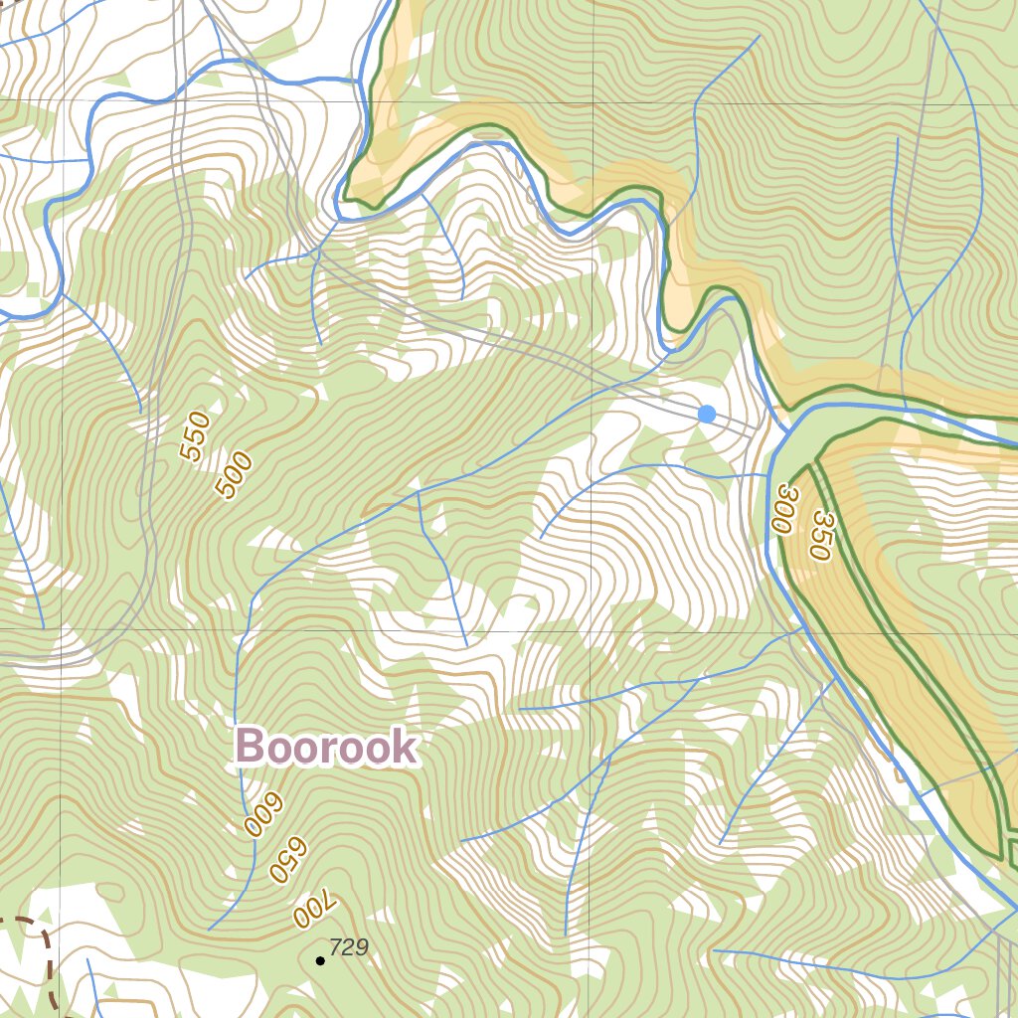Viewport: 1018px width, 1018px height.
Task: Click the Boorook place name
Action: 326,748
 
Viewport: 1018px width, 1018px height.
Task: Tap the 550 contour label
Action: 197,437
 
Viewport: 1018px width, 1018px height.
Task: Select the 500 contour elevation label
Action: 234,475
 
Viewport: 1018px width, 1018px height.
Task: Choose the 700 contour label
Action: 316,910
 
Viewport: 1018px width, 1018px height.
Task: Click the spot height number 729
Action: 348,947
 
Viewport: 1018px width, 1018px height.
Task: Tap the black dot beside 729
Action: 320,960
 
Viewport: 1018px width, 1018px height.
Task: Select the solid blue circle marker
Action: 706,414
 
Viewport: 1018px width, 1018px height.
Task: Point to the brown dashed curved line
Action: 40,944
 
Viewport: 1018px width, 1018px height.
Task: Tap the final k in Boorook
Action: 404,748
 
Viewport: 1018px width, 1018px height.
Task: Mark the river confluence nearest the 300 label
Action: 785,432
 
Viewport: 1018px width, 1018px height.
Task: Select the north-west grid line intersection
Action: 62,101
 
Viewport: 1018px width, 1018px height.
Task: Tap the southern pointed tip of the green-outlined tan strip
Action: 1000,855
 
